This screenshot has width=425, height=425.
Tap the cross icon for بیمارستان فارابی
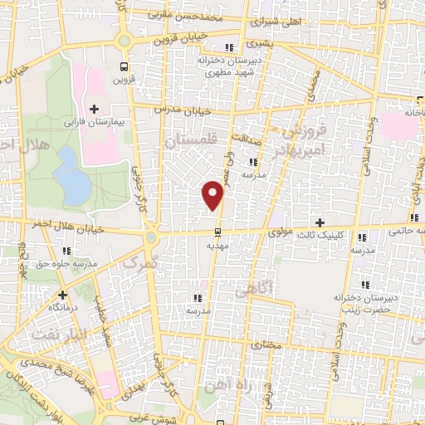94,109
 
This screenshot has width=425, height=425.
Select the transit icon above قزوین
124,66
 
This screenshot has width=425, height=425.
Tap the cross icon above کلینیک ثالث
320,222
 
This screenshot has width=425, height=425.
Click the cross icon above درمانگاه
62,294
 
